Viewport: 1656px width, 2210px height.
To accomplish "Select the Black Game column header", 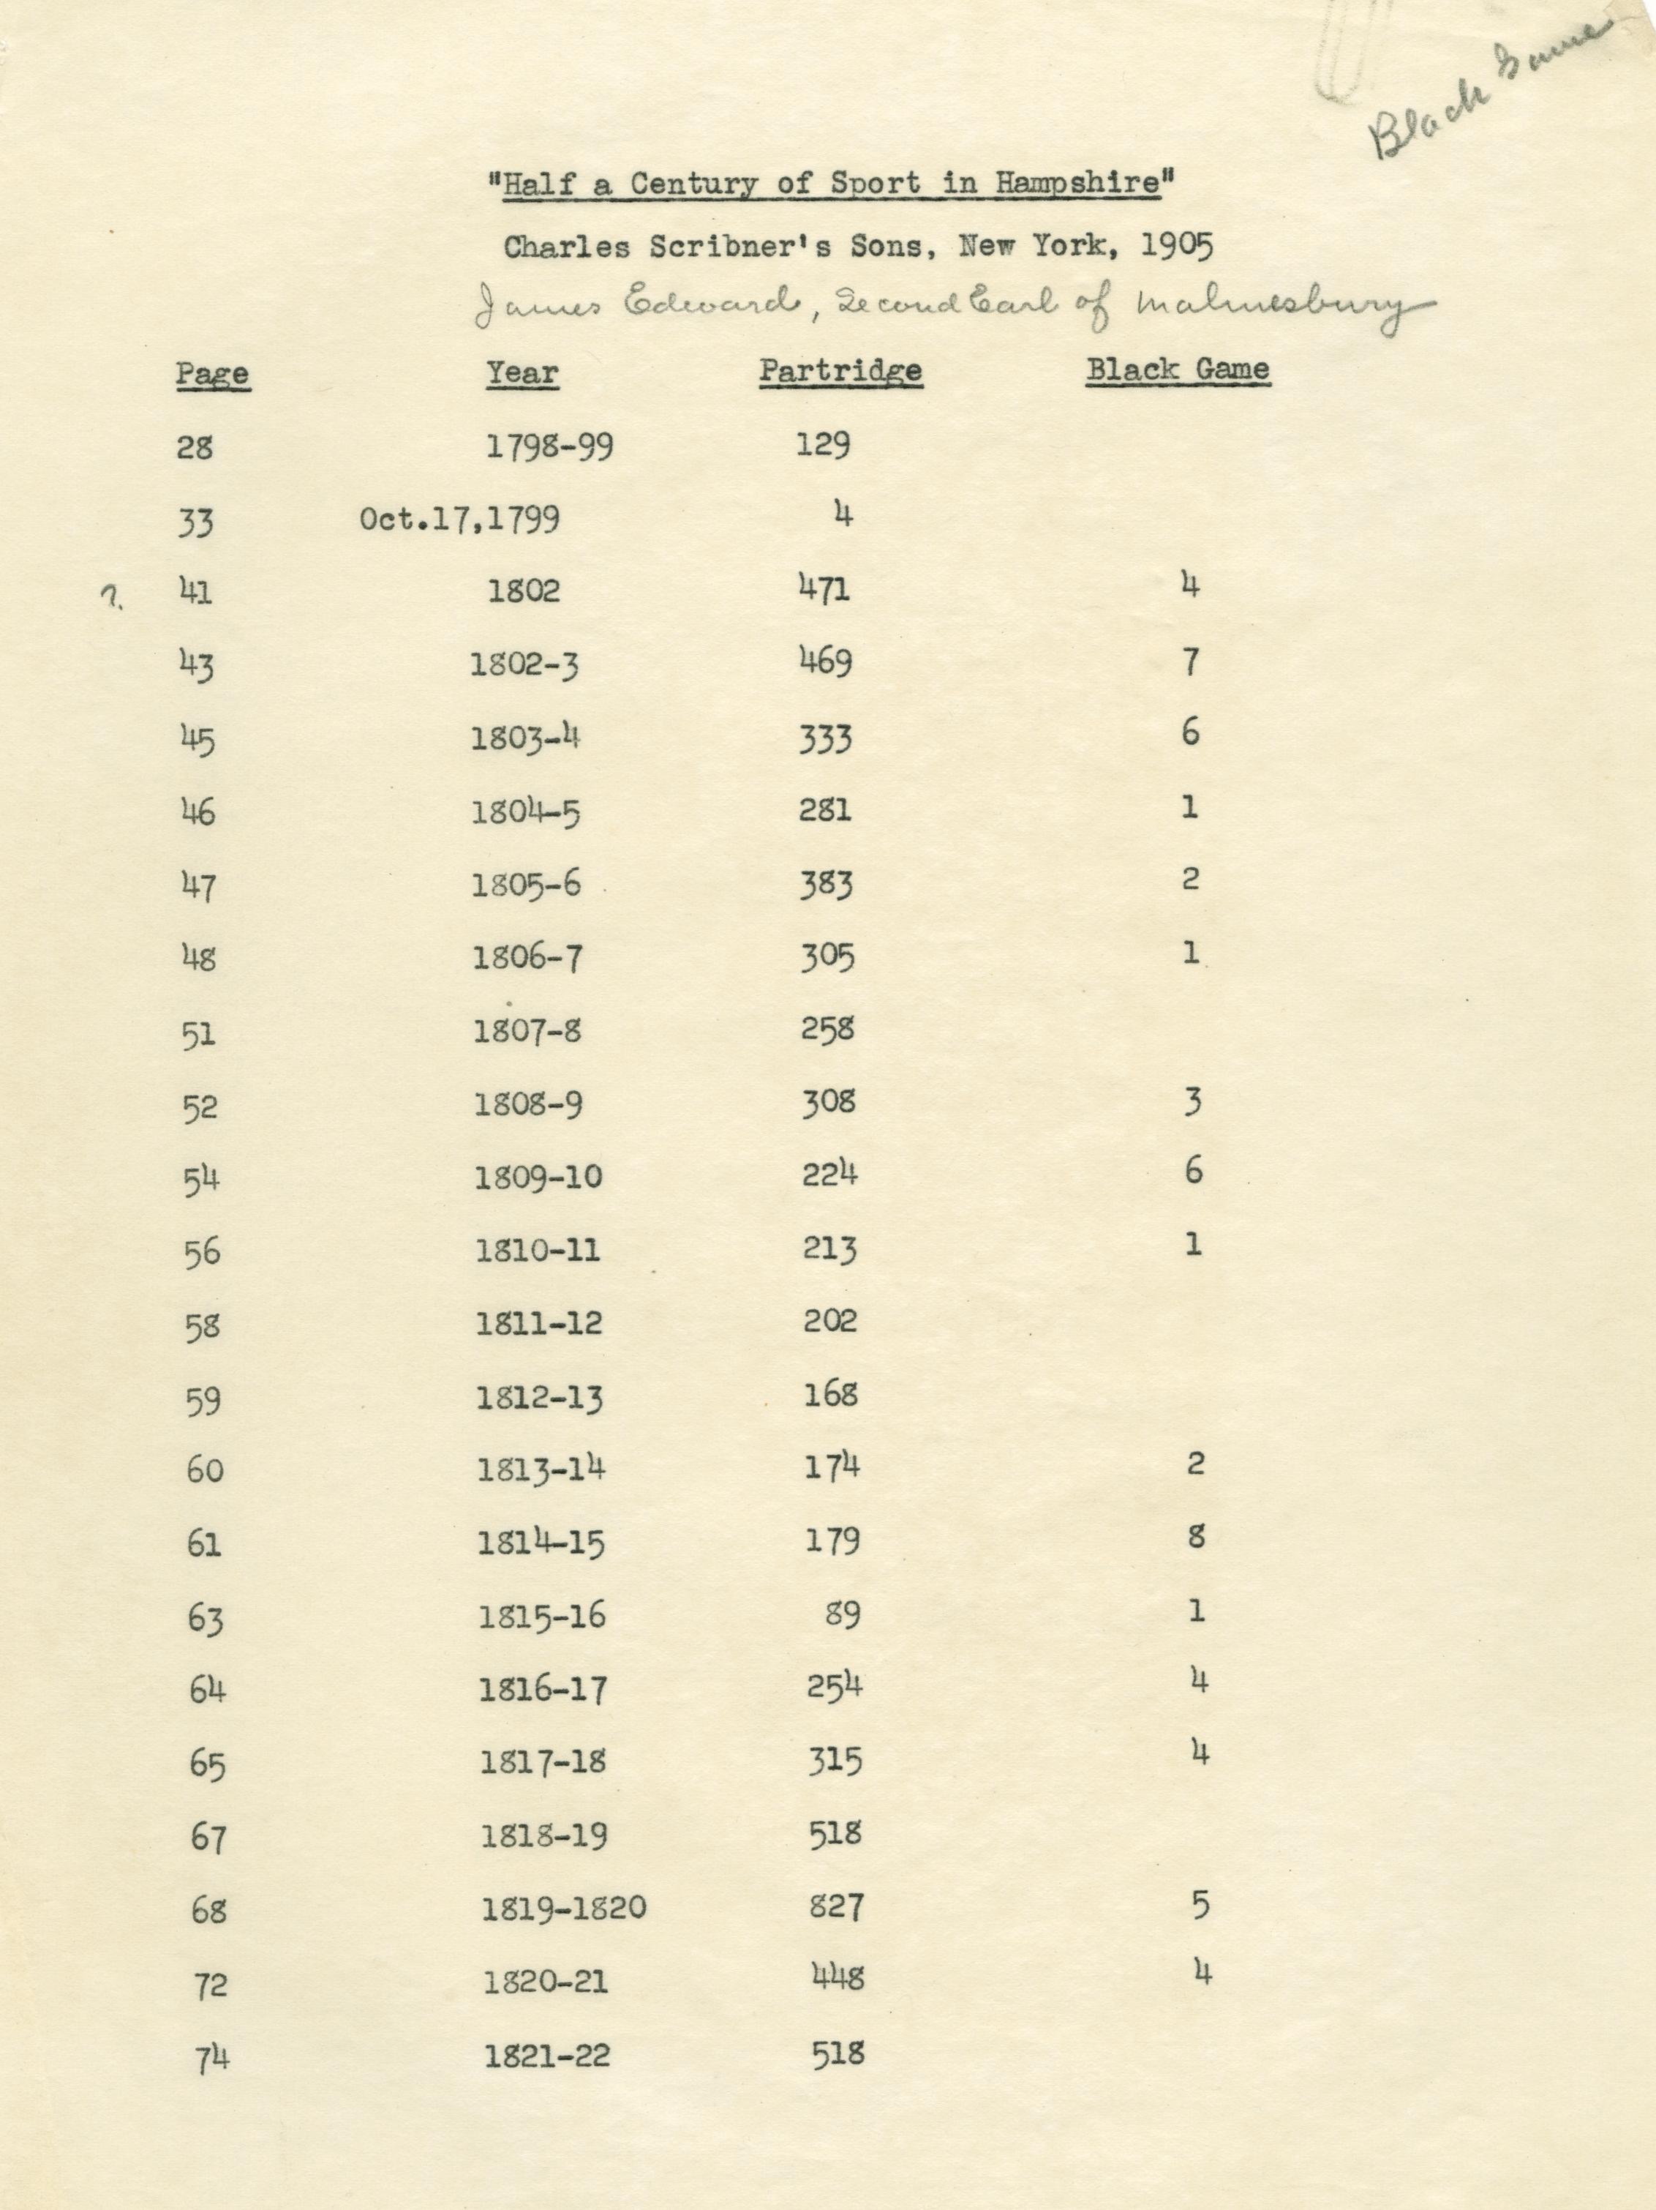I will click(1178, 369).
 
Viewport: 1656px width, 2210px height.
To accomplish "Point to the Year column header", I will click(522, 372).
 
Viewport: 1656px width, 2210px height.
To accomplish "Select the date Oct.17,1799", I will click(459, 520).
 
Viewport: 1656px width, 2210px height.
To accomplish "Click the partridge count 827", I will click(836, 1906).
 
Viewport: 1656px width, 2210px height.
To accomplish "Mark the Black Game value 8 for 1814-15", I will click(1197, 1537).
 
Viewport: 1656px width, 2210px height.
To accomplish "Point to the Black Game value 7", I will click(1189, 662).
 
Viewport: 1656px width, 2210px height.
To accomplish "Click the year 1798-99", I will click(549, 446).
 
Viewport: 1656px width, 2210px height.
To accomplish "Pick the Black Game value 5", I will click(1200, 1906).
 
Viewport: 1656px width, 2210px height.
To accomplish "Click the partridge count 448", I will click(837, 1978).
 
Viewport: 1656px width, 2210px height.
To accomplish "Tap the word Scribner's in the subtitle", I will click(726, 247).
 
